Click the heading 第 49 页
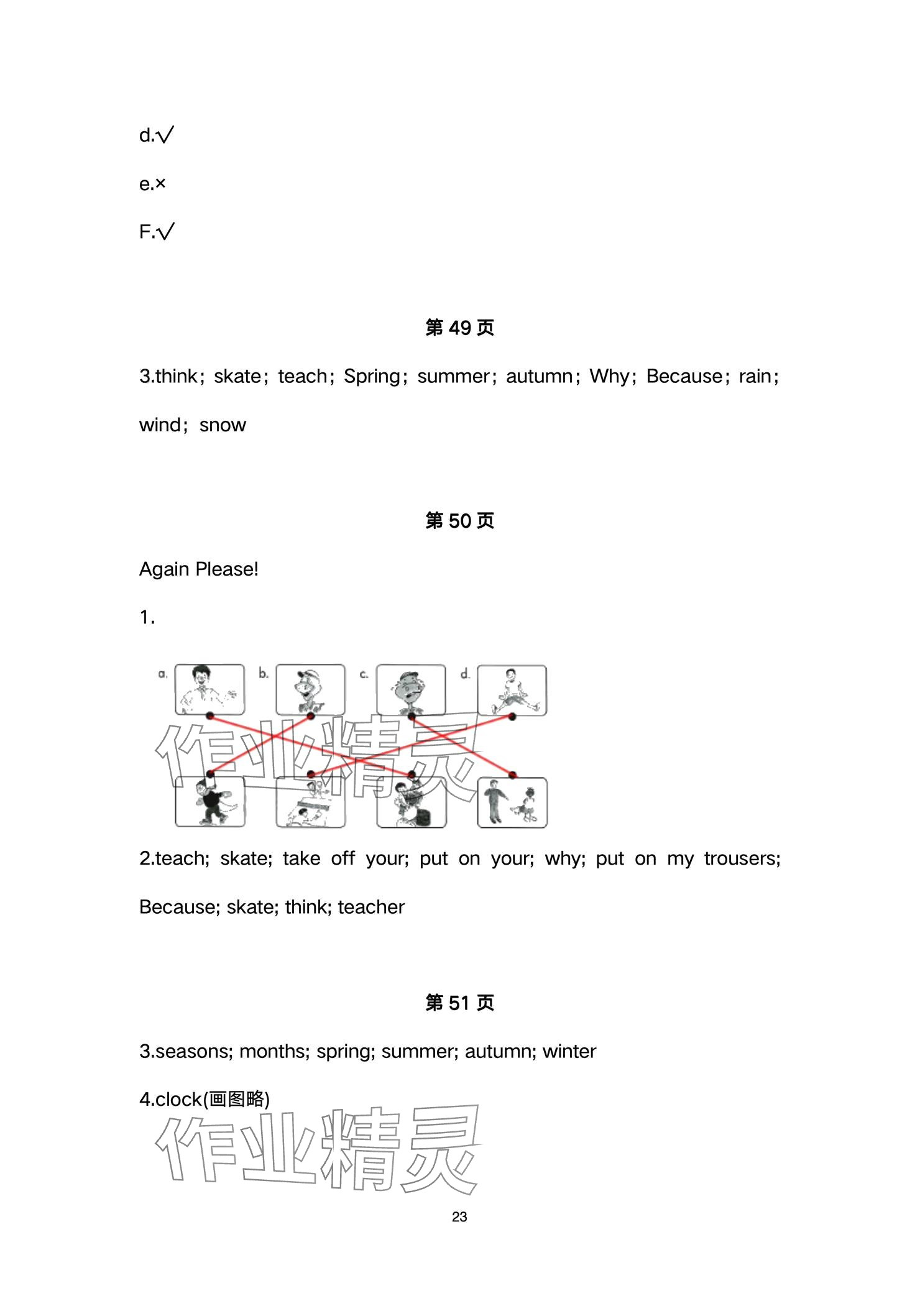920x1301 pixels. coord(459,328)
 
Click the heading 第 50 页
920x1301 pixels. coord(459,520)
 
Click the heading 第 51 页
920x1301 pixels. coord(459,1003)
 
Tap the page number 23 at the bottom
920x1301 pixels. coord(459,1217)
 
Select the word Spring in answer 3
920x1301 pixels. coord(372,377)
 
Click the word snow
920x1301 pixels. coord(223,425)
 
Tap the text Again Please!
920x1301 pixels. coord(198,569)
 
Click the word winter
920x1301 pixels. coord(569,1051)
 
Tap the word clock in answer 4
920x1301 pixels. coord(179,1100)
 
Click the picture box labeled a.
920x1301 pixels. coord(209,690)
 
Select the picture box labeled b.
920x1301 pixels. coord(310,690)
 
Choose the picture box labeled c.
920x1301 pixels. coord(411,690)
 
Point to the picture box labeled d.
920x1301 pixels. coord(512,690)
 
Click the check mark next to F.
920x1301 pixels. coord(166,232)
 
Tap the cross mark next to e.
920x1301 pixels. coord(160,184)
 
